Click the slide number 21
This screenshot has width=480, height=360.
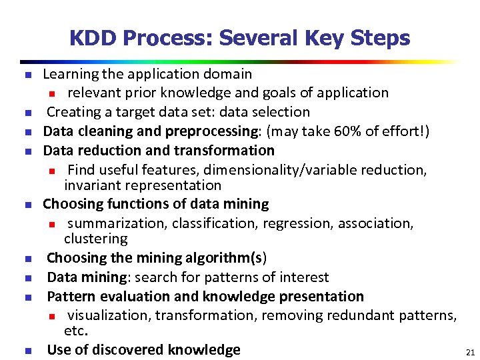[470, 351]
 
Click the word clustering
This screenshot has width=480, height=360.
[95, 238]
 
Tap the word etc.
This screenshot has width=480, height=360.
[76, 330]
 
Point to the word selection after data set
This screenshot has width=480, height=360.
[282, 112]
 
